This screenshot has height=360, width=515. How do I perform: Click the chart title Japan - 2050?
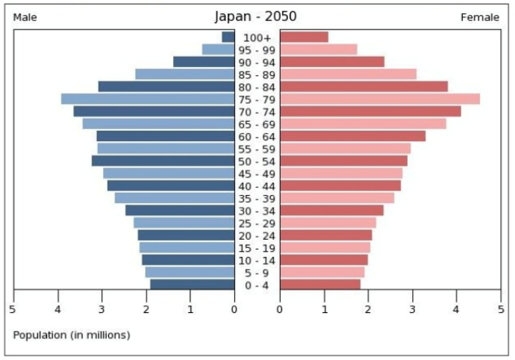coord(257,16)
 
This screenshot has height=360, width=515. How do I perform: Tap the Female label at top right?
coord(480,17)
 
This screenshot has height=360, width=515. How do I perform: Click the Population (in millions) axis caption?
coord(71,335)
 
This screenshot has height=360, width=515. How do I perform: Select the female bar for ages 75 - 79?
coord(380,99)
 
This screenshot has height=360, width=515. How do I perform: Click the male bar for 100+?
coord(228,37)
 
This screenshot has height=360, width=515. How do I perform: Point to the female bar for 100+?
coord(304,37)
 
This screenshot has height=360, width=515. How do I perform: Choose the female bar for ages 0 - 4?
coord(320,285)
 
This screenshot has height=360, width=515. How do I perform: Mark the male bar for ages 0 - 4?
coord(193,285)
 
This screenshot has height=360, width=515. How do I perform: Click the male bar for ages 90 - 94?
coord(204,62)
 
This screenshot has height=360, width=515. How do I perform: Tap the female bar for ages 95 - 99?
coord(319,49)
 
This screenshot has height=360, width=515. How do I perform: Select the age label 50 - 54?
coord(257,161)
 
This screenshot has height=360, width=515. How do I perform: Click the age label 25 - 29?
coord(257,223)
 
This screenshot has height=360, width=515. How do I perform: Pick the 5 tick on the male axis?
coord(13,308)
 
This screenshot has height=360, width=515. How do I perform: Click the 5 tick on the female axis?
coord(501,308)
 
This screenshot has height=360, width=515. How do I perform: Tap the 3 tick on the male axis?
coord(102,308)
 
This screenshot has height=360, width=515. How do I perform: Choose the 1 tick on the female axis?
coord(325,308)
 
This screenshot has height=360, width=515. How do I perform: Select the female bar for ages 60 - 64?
coord(353,136)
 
